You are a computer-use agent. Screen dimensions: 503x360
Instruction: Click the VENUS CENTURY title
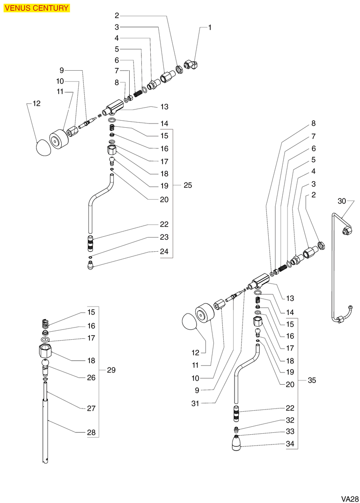37,8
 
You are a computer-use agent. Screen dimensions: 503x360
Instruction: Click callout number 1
210,28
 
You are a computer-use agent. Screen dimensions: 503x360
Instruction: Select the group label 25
187,185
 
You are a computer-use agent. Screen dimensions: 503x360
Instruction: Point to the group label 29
111,370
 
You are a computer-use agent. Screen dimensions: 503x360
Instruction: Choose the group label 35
312,380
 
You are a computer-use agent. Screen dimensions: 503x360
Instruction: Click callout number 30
342,201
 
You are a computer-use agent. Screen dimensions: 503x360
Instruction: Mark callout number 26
91,378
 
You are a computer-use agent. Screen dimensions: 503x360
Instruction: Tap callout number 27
91,408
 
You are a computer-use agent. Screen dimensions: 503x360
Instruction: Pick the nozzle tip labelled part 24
90,267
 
